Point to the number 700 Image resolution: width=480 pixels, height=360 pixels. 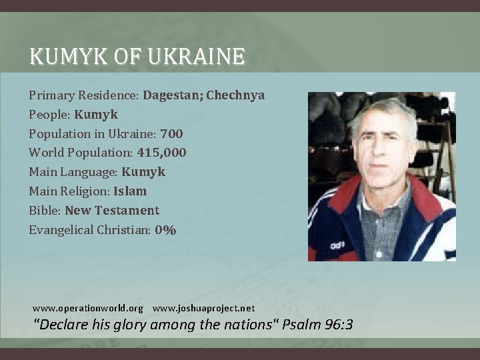171,133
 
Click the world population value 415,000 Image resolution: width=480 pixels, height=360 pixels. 161,153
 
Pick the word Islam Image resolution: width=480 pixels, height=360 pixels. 130,191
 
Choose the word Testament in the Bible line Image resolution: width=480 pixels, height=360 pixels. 127,211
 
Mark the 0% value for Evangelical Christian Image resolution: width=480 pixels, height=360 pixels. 165,230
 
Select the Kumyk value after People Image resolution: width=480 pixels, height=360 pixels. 96,114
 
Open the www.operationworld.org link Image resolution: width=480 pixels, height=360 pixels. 88,309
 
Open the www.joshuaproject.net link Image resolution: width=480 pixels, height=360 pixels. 204,309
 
